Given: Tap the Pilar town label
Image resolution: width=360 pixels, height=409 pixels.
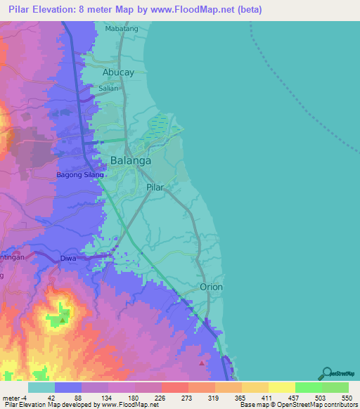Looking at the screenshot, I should (x=155, y=188).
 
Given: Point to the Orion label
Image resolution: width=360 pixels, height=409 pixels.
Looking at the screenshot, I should (x=211, y=287).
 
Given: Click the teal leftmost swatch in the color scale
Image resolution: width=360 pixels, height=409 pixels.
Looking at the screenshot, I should (x=41, y=387).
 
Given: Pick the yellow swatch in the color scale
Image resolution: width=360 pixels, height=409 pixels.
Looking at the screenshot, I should (x=281, y=387).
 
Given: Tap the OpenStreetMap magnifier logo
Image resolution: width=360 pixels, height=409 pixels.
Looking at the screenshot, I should (x=327, y=373).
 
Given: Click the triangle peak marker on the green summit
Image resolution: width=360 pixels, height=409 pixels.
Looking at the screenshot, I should (x=63, y=320).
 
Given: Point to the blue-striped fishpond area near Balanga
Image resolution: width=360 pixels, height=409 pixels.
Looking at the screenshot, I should (x=160, y=124).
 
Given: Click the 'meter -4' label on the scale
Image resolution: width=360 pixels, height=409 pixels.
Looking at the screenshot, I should (x=14, y=398).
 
